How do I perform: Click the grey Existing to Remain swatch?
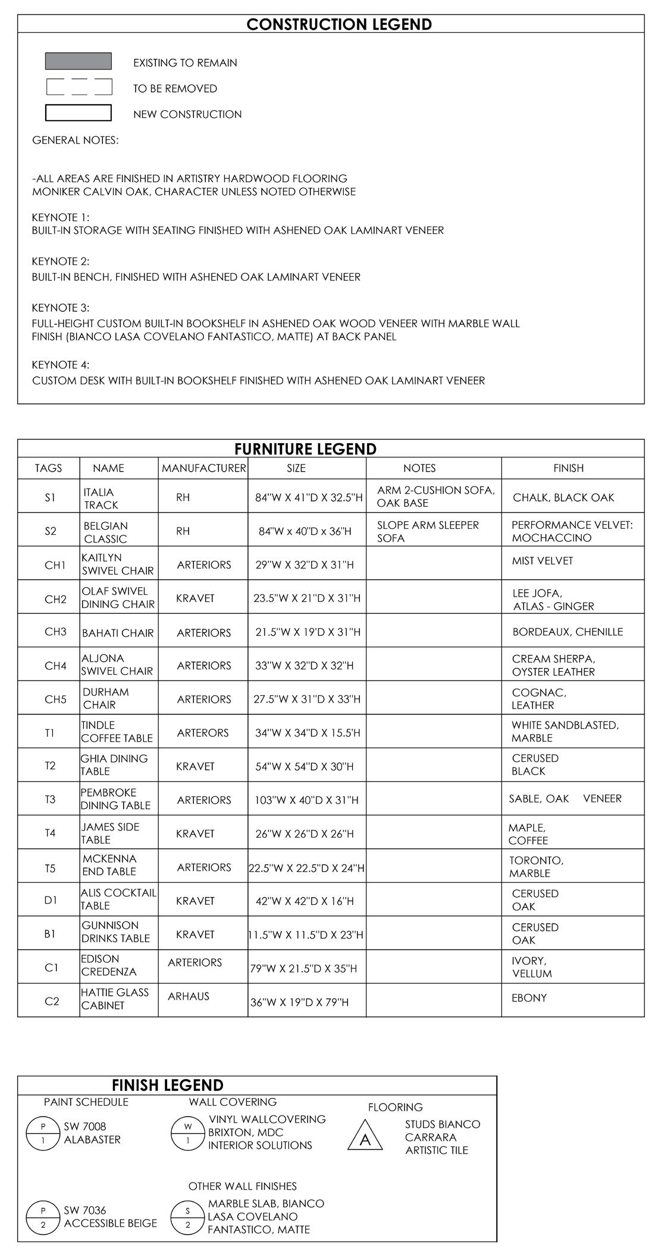coord(79,61)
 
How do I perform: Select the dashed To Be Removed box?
coord(79,87)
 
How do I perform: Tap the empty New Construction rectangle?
coord(79,113)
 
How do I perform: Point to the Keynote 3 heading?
coord(61,308)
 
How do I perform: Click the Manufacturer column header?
coord(203,468)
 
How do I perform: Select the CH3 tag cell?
coord(55,632)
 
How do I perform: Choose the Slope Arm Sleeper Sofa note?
coord(428,532)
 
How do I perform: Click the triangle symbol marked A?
coord(366,1137)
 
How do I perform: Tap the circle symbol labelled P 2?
coord(43,1217)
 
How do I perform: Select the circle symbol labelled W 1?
coord(188,1133)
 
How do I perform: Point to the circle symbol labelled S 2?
coord(188,1217)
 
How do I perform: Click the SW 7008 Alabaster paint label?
coord(92,1133)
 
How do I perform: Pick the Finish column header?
coord(568,468)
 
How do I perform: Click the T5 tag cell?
coord(50,869)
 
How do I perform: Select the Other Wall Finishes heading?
coord(242,1186)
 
